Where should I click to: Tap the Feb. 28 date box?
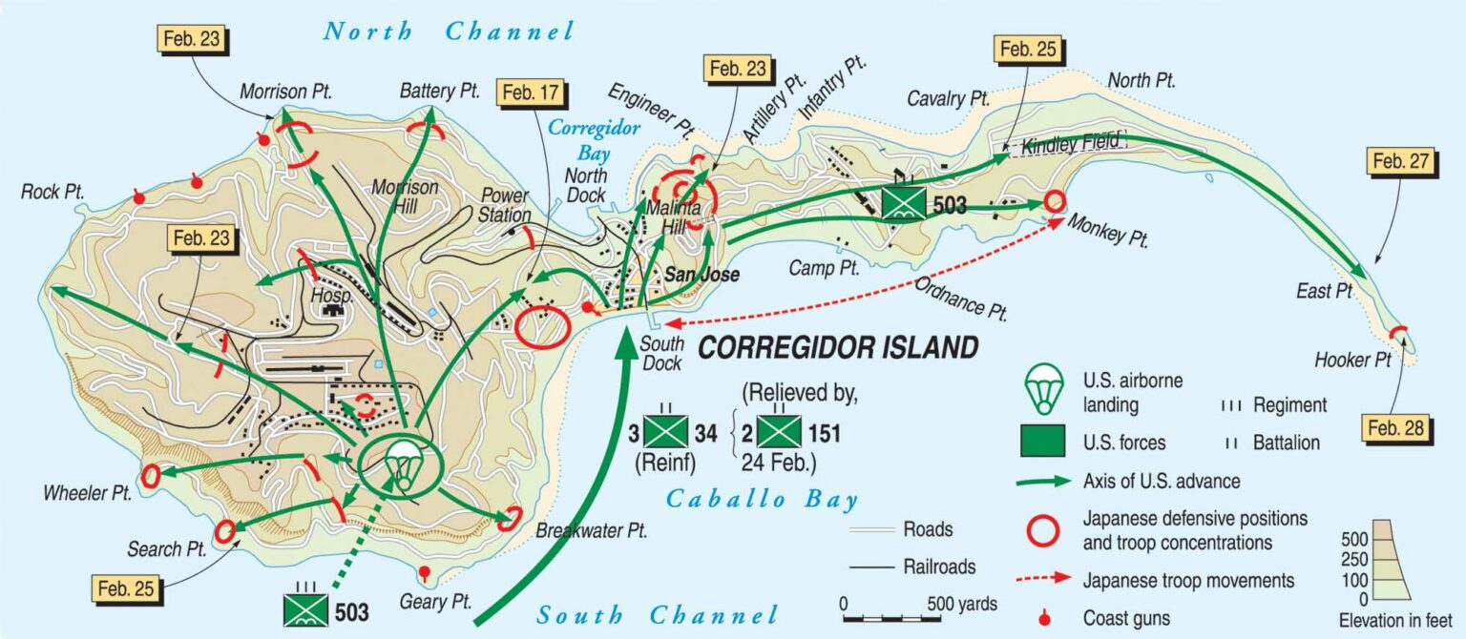pos(1401,429)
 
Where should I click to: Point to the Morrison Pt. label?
pos(285,92)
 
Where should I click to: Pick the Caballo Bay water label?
pos(762,499)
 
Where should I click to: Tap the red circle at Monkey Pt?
pos(1054,202)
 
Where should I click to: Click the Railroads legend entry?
pos(939,567)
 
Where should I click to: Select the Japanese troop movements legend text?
pos(1188,580)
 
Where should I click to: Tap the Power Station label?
pos(505,206)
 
